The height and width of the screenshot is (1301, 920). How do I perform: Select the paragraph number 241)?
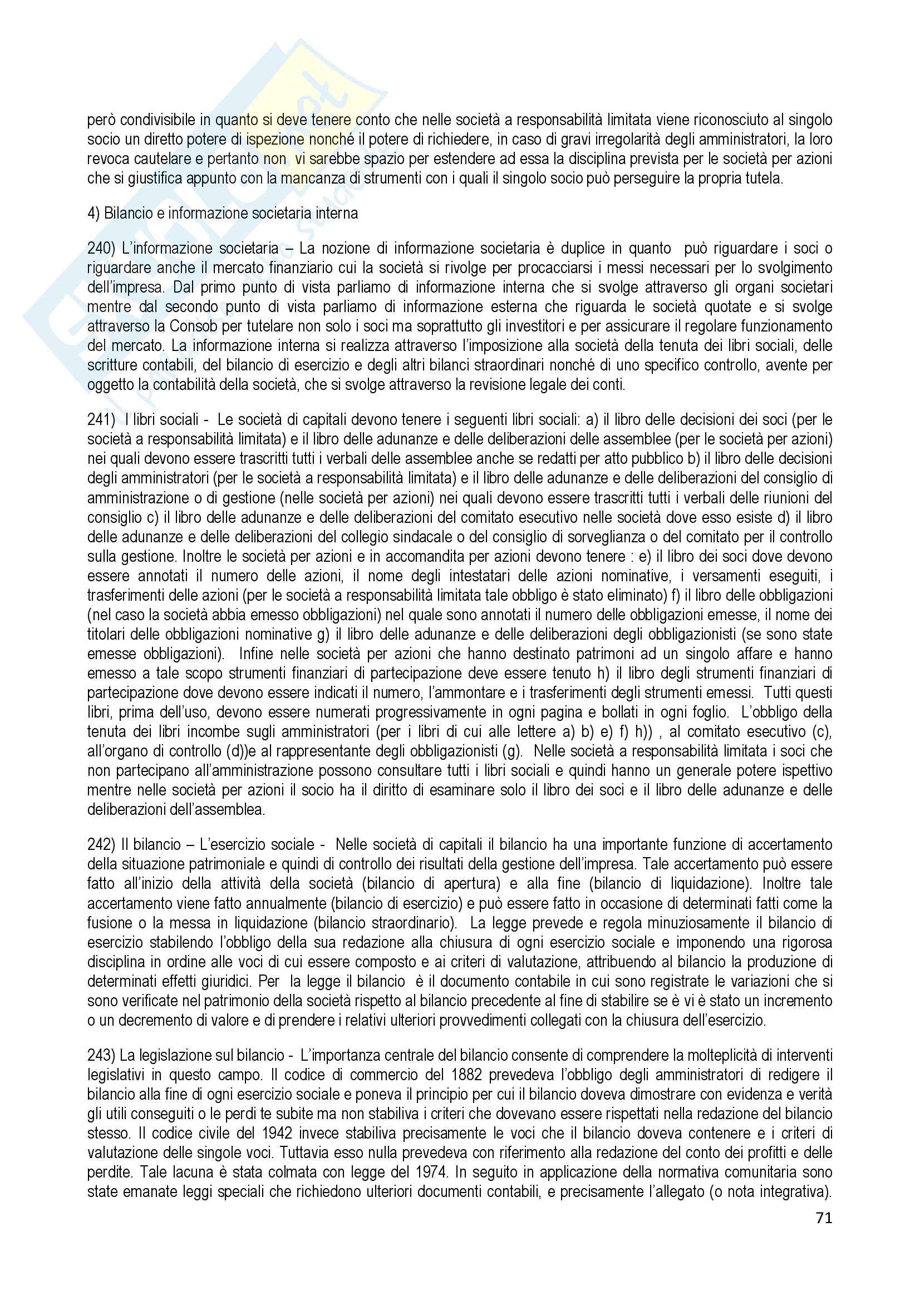100,422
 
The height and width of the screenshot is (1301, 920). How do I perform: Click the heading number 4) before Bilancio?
93,214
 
